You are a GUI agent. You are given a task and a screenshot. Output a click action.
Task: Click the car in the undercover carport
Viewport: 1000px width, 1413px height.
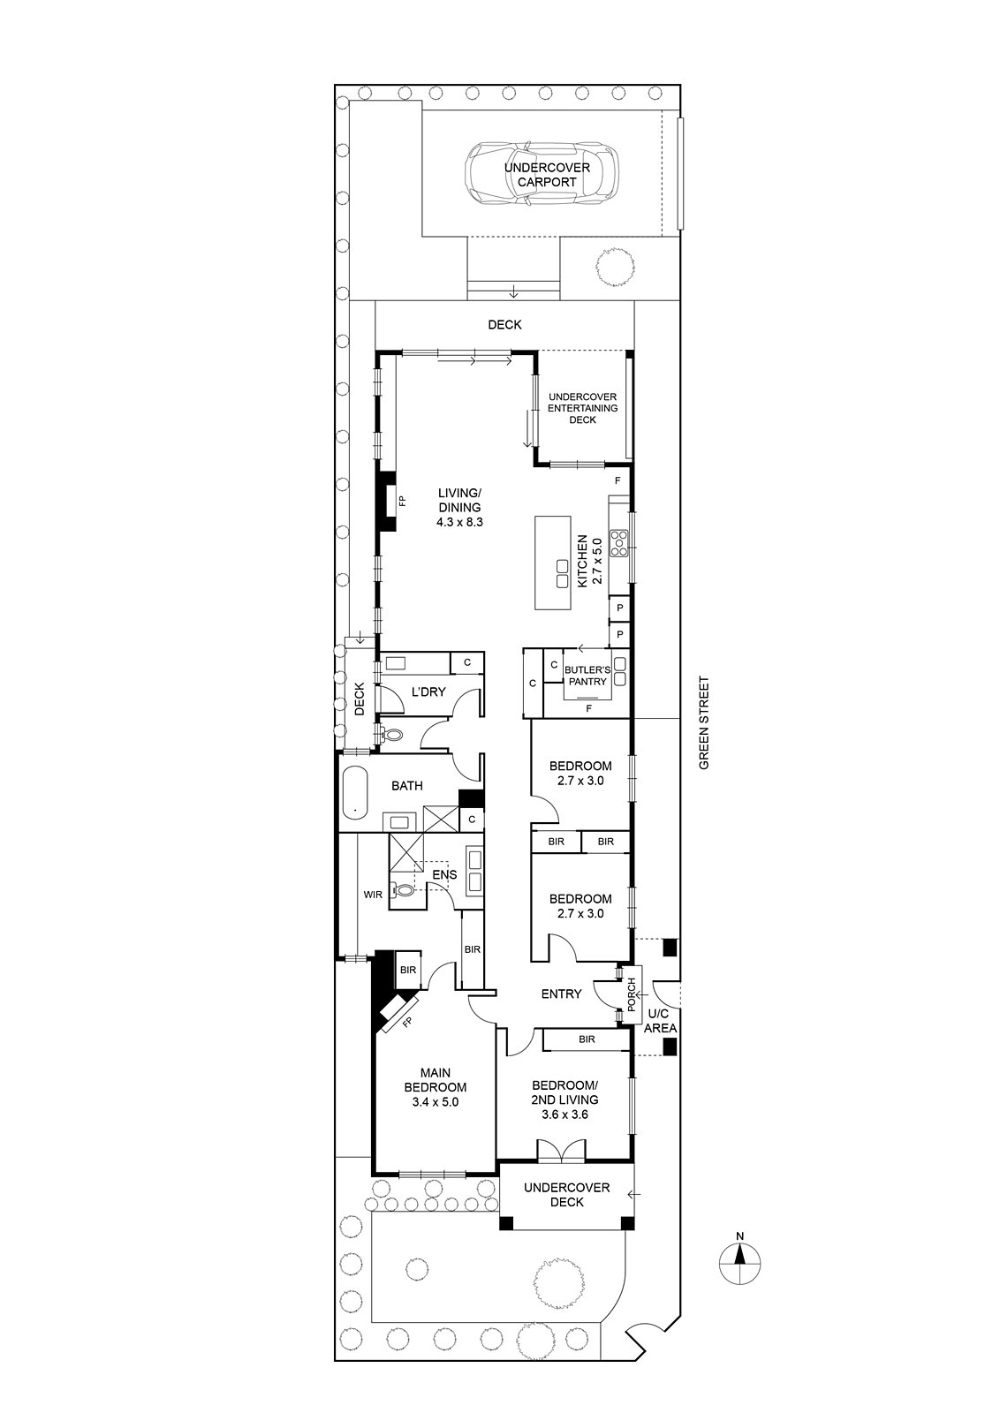pos(541,175)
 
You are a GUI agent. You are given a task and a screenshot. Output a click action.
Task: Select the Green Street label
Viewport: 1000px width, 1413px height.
pos(705,723)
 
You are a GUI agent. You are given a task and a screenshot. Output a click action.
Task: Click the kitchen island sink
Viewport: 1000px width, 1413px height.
pos(563,574)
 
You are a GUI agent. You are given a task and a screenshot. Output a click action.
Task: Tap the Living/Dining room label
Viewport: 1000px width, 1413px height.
pos(459,507)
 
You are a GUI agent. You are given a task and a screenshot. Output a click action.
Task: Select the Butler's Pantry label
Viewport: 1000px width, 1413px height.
pos(587,676)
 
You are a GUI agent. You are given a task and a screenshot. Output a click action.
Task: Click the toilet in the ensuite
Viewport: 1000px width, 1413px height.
pos(402,890)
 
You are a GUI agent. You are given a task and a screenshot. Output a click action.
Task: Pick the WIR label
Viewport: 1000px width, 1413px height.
pos(373,895)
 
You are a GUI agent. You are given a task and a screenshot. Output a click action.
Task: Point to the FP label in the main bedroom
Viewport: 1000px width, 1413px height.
pos(407,1022)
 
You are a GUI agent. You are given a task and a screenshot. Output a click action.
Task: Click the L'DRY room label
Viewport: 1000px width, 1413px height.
pos(428,692)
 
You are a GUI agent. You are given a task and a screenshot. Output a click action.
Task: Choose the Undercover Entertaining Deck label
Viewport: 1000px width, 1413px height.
pos(582,408)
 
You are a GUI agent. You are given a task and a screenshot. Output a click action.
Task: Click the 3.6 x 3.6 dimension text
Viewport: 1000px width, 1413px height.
pos(564,1114)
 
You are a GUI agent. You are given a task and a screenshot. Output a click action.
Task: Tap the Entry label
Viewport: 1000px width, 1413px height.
pos(561,994)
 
